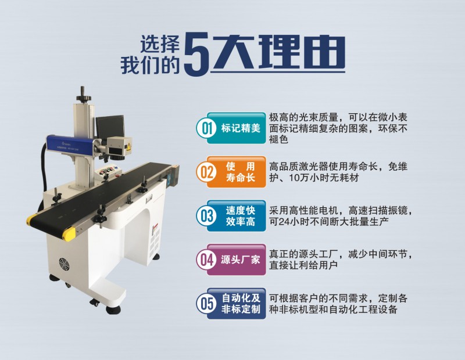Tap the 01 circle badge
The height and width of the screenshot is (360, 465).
click(x=207, y=128)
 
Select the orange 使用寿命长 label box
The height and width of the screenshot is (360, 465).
click(x=236, y=172)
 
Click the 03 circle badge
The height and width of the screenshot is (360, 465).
click(x=207, y=215)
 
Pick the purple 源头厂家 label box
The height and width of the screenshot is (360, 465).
click(x=236, y=260)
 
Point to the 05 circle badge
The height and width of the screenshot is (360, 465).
click(x=207, y=304)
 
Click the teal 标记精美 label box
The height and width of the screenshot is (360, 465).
click(x=236, y=128)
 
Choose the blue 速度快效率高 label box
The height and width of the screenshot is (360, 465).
click(x=236, y=215)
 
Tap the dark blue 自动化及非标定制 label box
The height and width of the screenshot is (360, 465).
click(x=236, y=304)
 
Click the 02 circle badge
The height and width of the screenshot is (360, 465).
click(x=207, y=172)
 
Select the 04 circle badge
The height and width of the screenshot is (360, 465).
click(x=207, y=260)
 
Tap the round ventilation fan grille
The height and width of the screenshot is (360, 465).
click(x=64, y=264)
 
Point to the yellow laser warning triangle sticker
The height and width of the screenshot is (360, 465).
click(x=128, y=147)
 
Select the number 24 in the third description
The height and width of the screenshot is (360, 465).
click(x=284, y=222)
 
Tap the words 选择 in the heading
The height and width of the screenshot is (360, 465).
click(x=160, y=45)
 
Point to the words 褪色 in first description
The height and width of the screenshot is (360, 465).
click(x=278, y=139)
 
